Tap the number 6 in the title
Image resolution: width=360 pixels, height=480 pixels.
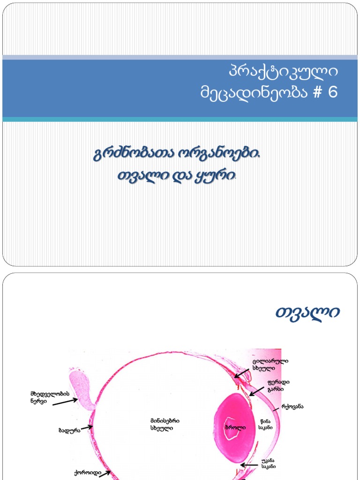(x=332, y=92)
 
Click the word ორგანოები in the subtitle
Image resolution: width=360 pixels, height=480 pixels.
(x=215, y=155)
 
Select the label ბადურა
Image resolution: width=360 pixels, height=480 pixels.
(x=69, y=430)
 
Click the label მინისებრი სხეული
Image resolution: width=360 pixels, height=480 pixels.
(x=165, y=425)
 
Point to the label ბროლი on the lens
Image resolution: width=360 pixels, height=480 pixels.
(x=235, y=427)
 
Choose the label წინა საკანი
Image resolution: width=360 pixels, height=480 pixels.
(x=266, y=424)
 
